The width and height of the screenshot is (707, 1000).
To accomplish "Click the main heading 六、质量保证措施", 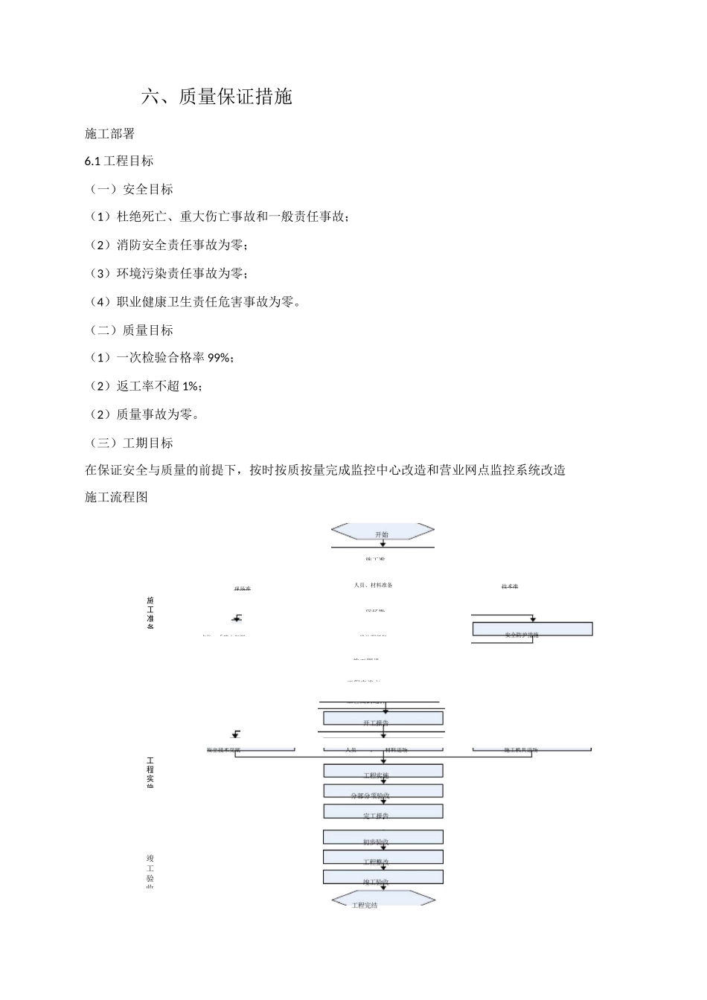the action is click(x=217, y=97).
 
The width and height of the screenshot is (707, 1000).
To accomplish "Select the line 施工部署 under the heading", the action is click(x=109, y=134).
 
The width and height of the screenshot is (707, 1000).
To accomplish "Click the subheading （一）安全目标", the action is click(x=130, y=190).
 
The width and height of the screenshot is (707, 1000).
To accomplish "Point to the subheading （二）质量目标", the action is click(x=130, y=330).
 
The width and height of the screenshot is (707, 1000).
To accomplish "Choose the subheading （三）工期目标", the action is click(x=130, y=443).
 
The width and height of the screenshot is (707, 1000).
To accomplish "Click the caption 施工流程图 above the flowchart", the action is click(x=117, y=498).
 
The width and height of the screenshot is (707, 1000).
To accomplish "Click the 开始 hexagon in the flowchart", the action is click(x=383, y=532).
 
